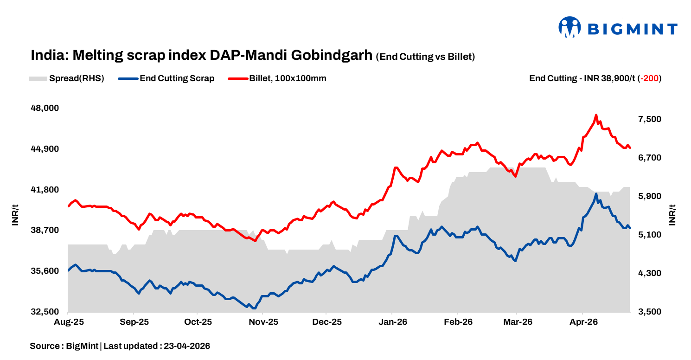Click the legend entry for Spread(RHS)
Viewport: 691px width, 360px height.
pyautogui.click(x=66, y=78)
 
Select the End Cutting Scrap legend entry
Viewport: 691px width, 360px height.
pyautogui.click(x=167, y=78)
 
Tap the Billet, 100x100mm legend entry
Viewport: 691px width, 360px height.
pyautogui.click(x=278, y=78)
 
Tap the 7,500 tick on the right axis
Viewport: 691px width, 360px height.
pyautogui.click(x=649, y=119)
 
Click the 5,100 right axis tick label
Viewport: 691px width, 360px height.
pyautogui.click(x=649, y=235)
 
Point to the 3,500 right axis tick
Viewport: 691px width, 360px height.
pyautogui.click(x=649, y=312)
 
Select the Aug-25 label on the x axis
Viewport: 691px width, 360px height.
pyautogui.click(x=68, y=322)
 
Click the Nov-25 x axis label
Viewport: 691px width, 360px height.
pyautogui.click(x=263, y=322)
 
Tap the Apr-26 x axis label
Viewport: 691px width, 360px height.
pyautogui.click(x=582, y=322)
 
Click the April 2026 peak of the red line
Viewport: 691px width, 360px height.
pyautogui.click(x=596, y=115)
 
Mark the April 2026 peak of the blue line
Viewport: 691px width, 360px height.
pyautogui.click(x=596, y=194)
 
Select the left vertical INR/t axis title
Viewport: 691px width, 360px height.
pyautogui.click(x=15, y=214)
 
